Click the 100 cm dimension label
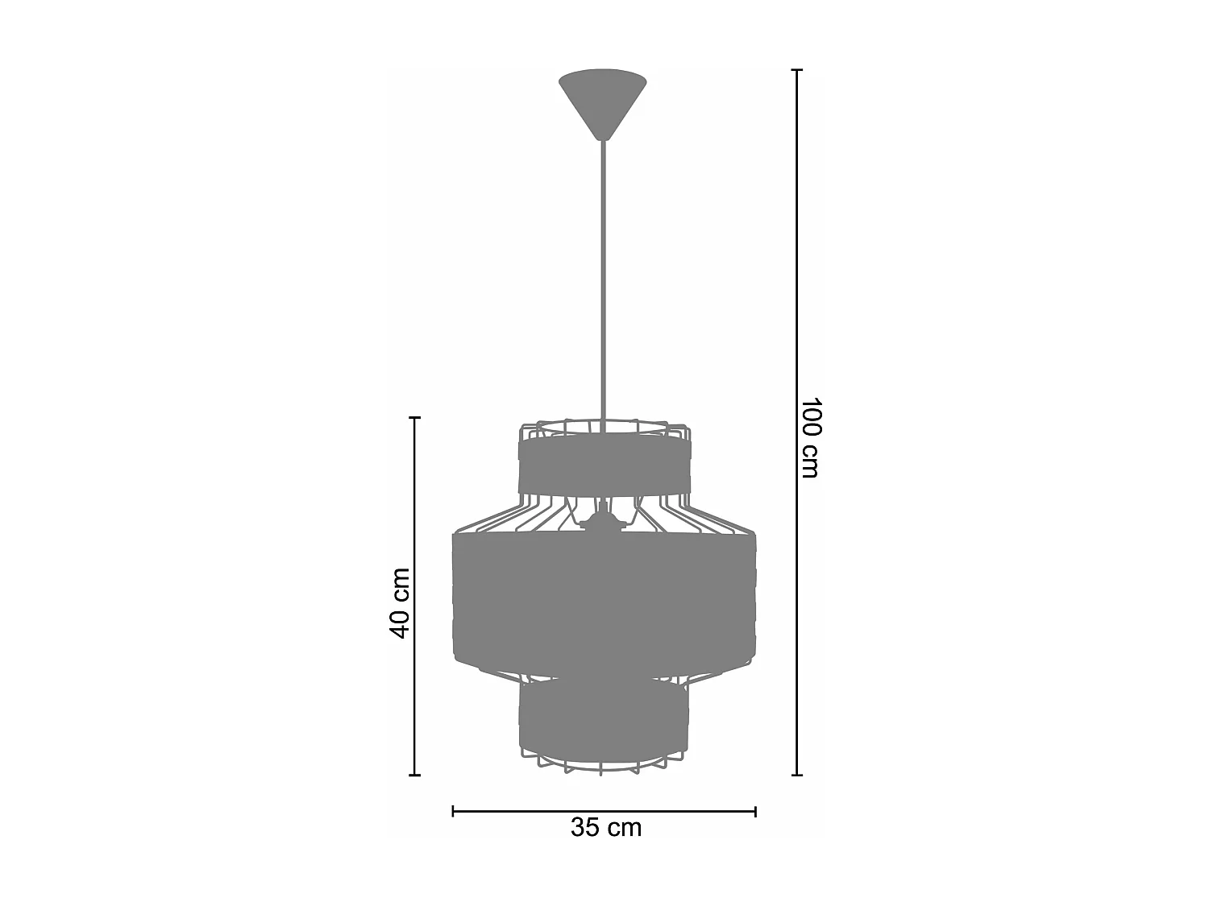pyautogui.click(x=810, y=437)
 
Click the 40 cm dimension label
pyautogui.click(x=400, y=602)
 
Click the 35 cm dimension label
pyautogui.click(x=606, y=827)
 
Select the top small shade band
pyautogui.click(x=603, y=465)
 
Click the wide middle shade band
pyautogui.click(x=603, y=600)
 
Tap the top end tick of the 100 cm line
pyautogui.click(x=797, y=71)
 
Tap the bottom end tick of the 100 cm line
pyautogui.click(x=797, y=776)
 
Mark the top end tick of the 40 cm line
pyautogui.click(x=415, y=417)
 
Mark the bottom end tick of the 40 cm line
pyautogui.click(x=415, y=776)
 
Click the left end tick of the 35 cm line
pyautogui.click(x=453, y=811)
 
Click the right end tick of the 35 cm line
pyautogui.click(x=755, y=811)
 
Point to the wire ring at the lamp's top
pyautogui.click(x=603, y=425)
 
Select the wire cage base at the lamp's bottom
pyautogui.click(x=603, y=763)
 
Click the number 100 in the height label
pyautogui.click(x=810, y=417)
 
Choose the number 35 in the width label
pyautogui.click(x=586, y=827)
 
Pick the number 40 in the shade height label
pyautogui.click(x=400, y=621)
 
